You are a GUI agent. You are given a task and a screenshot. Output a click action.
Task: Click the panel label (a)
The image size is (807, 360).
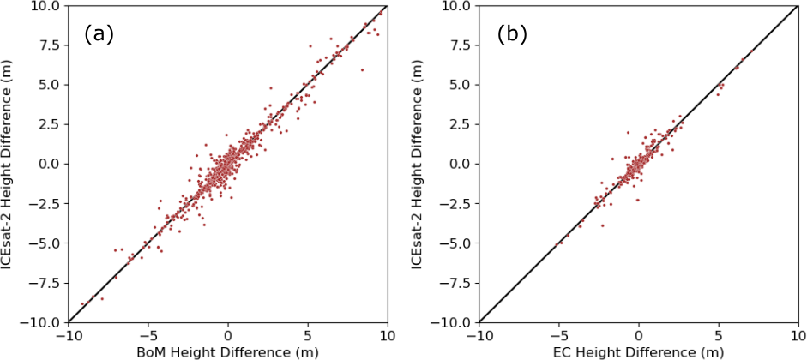(99, 34)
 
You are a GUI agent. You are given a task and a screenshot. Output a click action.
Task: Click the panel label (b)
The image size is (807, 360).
(512, 34)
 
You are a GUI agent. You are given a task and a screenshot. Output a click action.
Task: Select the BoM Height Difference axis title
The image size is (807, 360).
(227, 351)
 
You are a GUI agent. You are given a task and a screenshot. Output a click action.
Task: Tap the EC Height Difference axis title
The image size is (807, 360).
(638, 351)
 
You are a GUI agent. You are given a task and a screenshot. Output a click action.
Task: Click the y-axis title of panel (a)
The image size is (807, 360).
(9, 163)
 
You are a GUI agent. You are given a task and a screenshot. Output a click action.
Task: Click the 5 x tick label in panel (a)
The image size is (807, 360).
(308, 335)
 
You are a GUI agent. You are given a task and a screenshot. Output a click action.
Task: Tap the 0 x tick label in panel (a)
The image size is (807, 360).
(228, 335)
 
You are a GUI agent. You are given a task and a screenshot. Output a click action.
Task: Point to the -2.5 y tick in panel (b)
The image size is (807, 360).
(454, 204)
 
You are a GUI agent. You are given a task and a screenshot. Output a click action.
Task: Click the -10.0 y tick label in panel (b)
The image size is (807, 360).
(451, 322)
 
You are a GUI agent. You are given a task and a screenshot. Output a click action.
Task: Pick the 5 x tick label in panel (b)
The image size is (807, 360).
(719, 335)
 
